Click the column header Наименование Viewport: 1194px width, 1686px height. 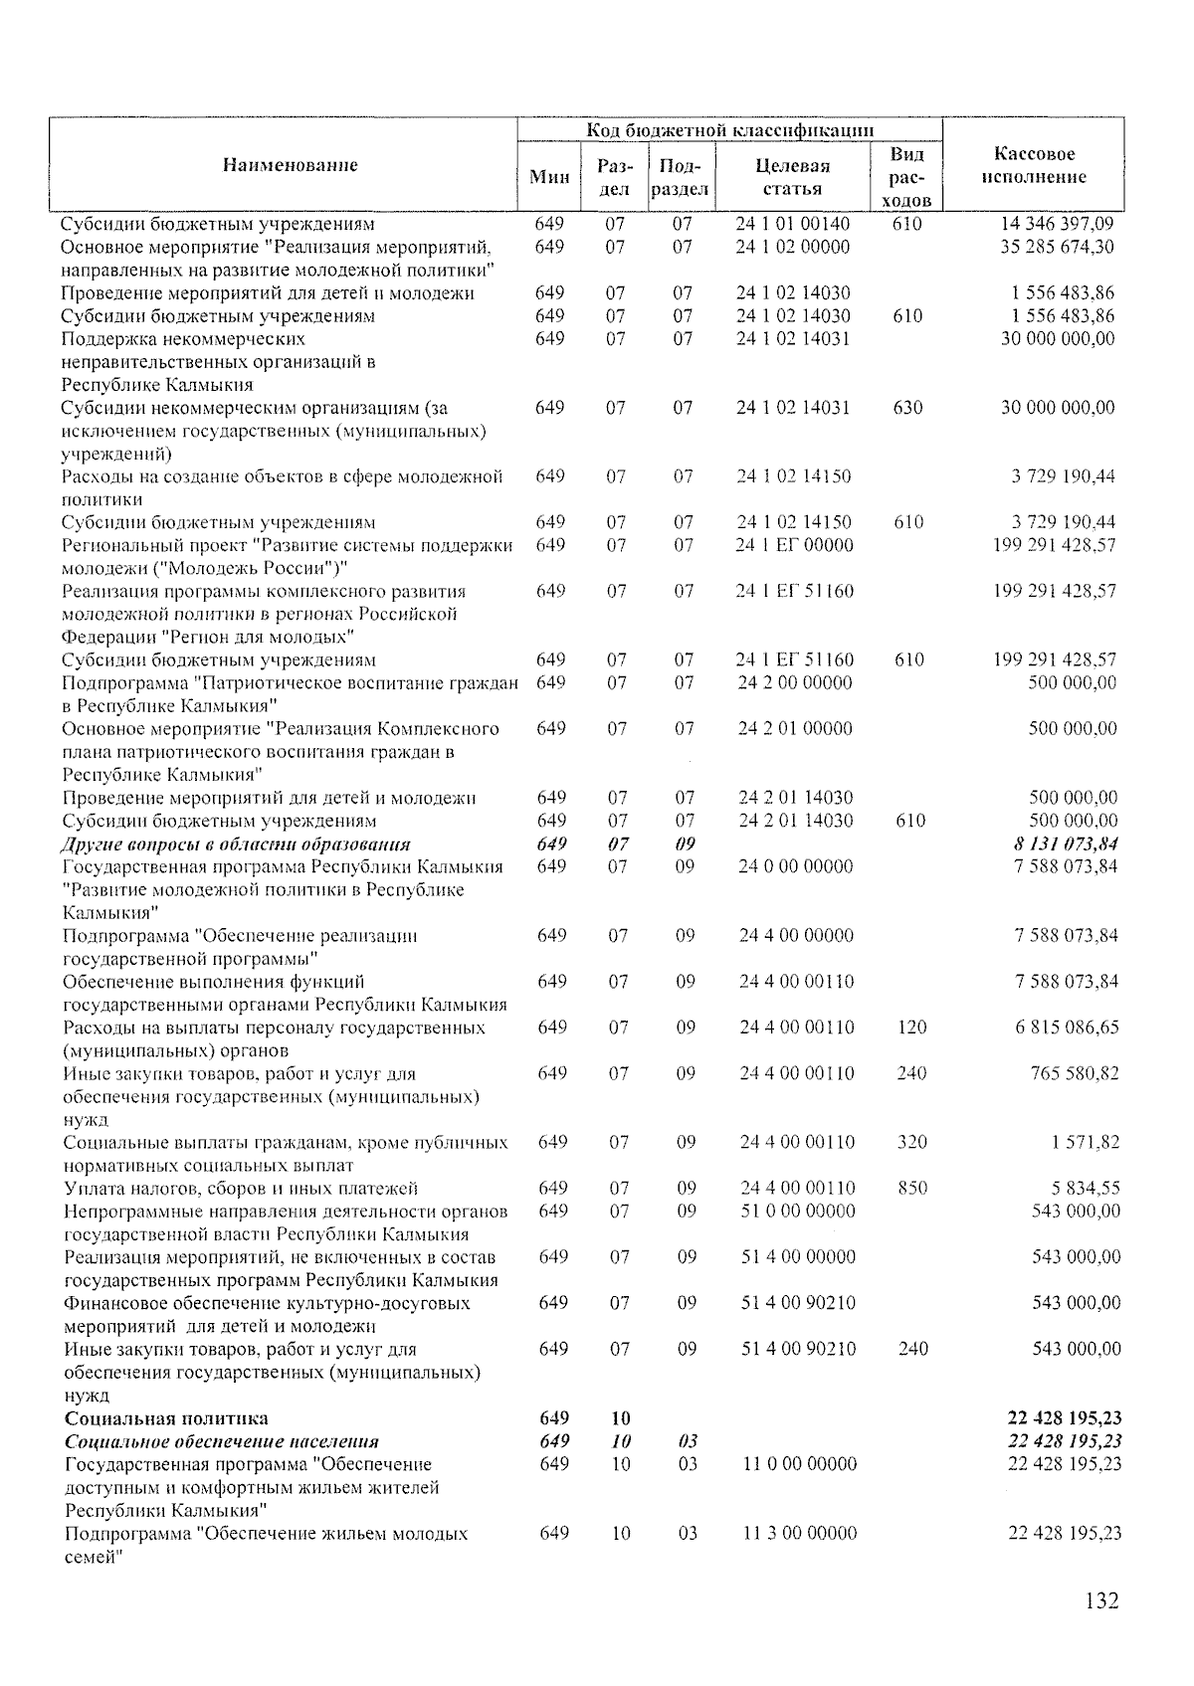(290, 165)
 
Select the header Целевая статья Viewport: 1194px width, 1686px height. (793, 176)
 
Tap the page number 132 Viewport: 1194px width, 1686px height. (1101, 1600)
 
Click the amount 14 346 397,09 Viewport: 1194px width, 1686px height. (1057, 224)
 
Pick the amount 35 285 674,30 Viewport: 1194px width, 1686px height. (1057, 247)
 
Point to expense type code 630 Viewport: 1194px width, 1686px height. (907, 408)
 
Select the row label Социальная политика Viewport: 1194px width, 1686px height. (166, 1417)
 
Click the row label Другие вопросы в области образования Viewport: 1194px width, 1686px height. (236, 843)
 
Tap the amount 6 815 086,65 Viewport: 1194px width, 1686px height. (1067, 1028)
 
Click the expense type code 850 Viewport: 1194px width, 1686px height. (911, 1188)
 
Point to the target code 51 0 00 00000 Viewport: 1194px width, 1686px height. (798, 1211)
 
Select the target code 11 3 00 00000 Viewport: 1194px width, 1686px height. (799, 1533)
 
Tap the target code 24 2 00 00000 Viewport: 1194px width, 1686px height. (795, 682)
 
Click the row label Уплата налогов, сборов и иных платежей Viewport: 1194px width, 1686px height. (241, 1188)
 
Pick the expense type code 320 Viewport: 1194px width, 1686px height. (911, 1142)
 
